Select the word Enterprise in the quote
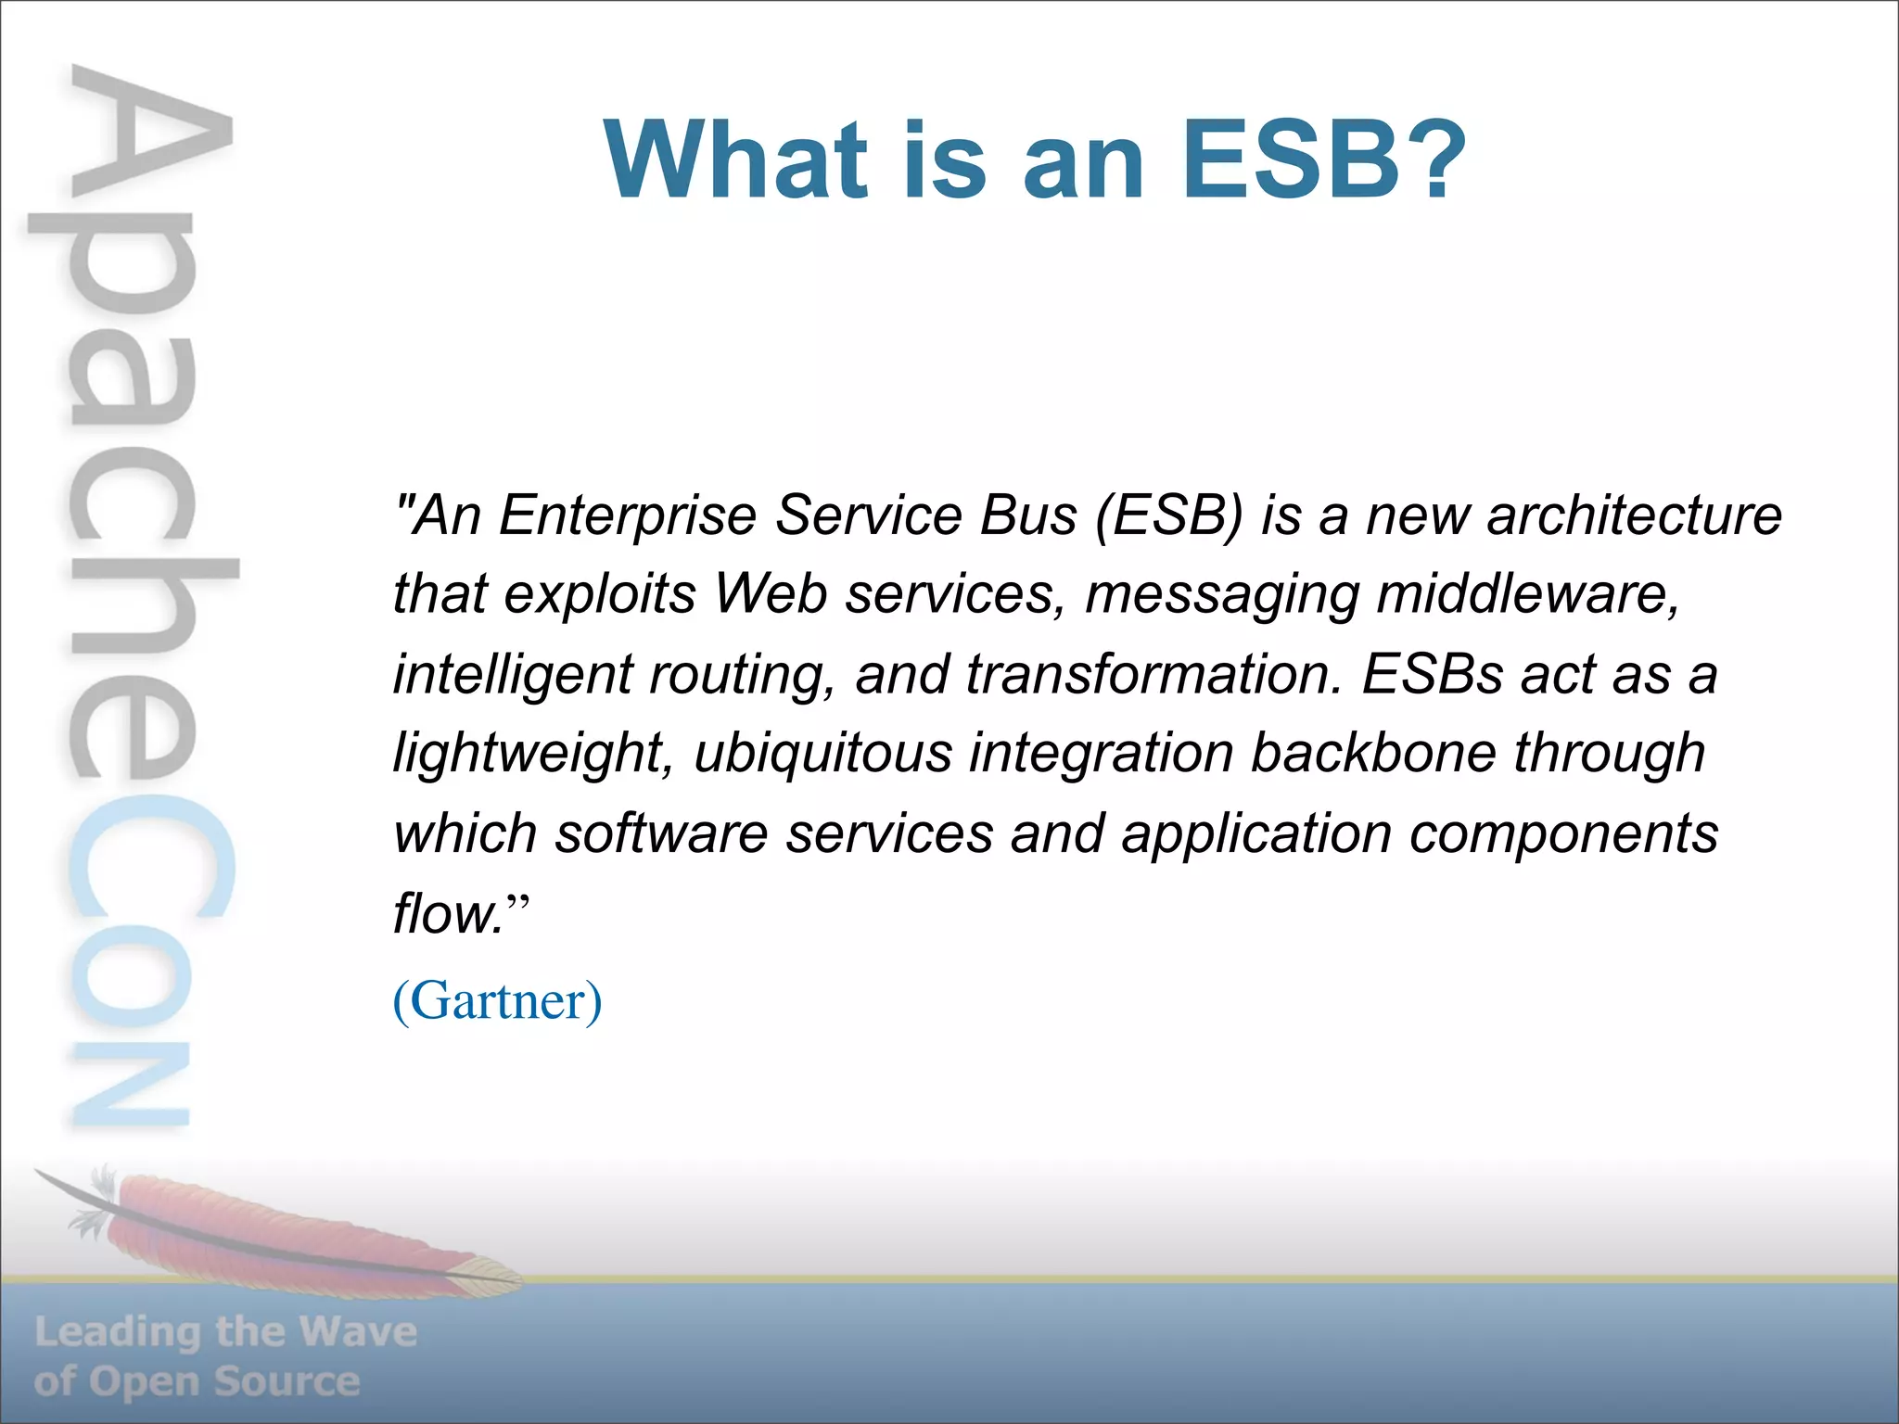coord(627,515)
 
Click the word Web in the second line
coord(771,594)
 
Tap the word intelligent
coord(512,675)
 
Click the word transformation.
coord(1153,674)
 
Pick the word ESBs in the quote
coord(1433,674)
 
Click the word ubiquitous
coord(822,753)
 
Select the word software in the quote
coord(660,833)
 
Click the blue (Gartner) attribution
coord(498,1000)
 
